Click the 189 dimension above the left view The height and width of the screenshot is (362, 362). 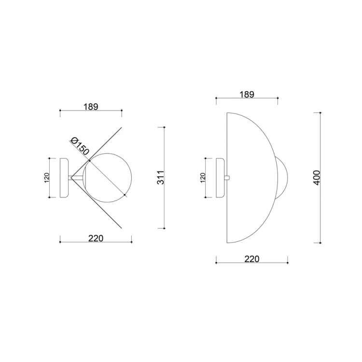[x=91, y=107]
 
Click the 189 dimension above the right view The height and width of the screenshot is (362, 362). [x=247, y=95]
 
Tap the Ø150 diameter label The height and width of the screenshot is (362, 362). [x=80, y=146]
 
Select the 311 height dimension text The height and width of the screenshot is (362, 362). [x=160, y=178]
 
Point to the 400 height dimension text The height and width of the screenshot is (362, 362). [x=317, y=178]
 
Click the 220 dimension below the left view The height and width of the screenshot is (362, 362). [x=96, y=238]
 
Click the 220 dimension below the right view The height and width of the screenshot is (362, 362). [x=252, y=259]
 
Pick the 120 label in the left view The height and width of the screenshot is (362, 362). [x=47, y=178]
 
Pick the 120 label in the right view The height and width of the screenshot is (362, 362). [x=203, y=178]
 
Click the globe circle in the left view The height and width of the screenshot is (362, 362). [x=131, y=178]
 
